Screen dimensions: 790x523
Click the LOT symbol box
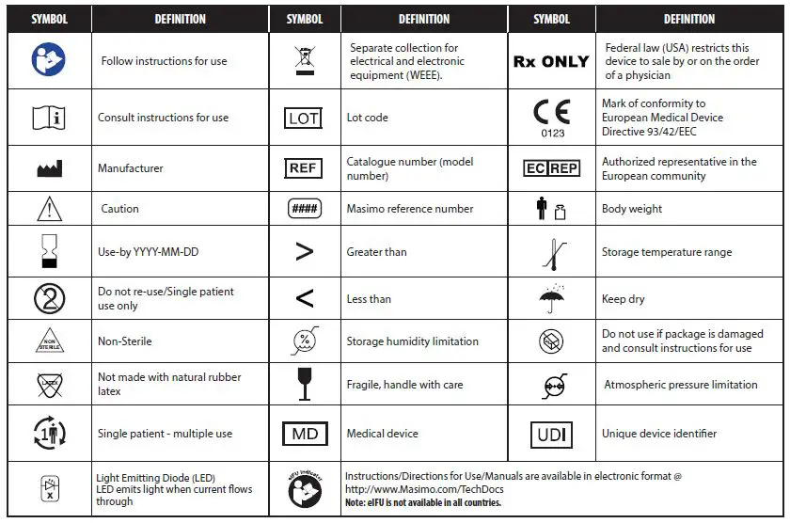pos(304,119)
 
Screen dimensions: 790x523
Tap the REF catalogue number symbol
pos(303,168)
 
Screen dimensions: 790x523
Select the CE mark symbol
pos(551,112)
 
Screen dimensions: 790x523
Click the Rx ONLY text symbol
pos(551,61)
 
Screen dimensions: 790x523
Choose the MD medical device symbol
pos(305,435)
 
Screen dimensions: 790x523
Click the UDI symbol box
pos(551,435)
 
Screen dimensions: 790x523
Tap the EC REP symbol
pos(551,168)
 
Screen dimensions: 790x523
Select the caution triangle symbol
pos(49,209)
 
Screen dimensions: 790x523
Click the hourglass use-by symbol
pos(49,252)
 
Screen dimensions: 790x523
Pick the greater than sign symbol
pos(304,252)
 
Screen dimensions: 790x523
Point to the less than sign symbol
pos(304,299)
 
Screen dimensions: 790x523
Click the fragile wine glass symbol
pos(304,384)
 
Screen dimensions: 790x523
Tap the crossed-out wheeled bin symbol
pos(304,60)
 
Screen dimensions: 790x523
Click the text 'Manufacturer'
pos(131,168)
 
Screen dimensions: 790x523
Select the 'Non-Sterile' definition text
pos(125,341)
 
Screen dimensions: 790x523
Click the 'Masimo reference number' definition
pos(410,209)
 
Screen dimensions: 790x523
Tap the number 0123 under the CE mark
pos(553,134)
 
